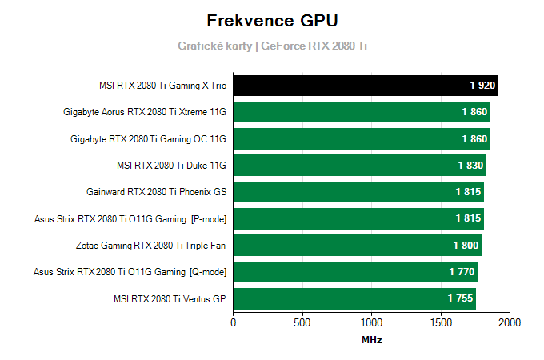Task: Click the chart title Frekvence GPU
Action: [x=271, y=20]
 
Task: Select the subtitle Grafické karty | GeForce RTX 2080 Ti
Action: [x=272, y=46]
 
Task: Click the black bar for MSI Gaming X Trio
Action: [x=365, y=86]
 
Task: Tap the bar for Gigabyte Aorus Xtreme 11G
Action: [x=361, y=112]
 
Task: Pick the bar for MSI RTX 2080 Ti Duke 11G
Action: [x=359, y=166]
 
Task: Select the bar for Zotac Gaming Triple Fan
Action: [x=357, y=246]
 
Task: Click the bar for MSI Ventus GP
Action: [x=354, y=299]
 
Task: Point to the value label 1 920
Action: [x=482, y=86]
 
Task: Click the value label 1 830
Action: [x=470, y=166]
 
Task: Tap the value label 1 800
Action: [x=466, y=246]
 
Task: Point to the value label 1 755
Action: [x=460, y=299]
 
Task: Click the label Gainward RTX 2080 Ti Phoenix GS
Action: [x=156, y=192]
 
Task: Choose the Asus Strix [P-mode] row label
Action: [x=130, y=219]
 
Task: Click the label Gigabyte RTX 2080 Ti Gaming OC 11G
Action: [x=148, y=139]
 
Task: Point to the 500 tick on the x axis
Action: [x=302, y=322]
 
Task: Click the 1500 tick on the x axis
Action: [x=440, y=322]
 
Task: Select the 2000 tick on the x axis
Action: [x=509, y=322]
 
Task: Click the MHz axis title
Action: [x=371, y=340]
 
